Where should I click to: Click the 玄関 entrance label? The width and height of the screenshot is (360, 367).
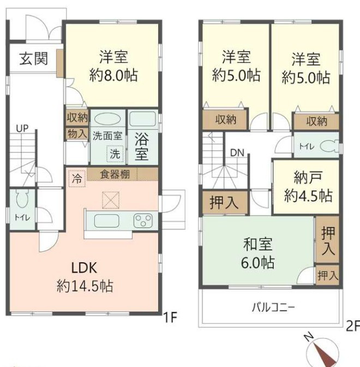[34, 59]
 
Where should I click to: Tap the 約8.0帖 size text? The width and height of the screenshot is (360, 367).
[113, 75]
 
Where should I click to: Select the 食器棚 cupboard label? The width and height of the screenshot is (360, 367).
[115, 174]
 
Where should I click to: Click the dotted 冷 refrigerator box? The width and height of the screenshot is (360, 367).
[77, 179]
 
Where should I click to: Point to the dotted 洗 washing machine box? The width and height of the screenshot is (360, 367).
[115, 153]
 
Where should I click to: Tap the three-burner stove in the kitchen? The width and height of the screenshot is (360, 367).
[143, 221]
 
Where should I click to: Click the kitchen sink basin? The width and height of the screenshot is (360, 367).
[106, 221]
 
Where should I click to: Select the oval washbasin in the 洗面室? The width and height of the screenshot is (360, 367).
[108, 119]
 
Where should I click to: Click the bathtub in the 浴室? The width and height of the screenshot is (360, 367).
[142, 119]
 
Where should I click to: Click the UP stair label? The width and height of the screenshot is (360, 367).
[22, 128]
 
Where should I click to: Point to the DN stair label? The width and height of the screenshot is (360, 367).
[237, 153]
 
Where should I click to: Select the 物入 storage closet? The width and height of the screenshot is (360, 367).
[77, 134]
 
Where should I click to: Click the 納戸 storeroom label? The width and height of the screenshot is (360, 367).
[308, 177]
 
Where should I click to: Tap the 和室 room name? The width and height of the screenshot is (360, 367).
[257, 244]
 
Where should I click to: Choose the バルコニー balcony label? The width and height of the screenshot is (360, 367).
[273, 307]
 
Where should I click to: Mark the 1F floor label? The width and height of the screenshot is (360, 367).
[170, 317]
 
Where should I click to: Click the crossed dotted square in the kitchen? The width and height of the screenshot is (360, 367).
[111, 200]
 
